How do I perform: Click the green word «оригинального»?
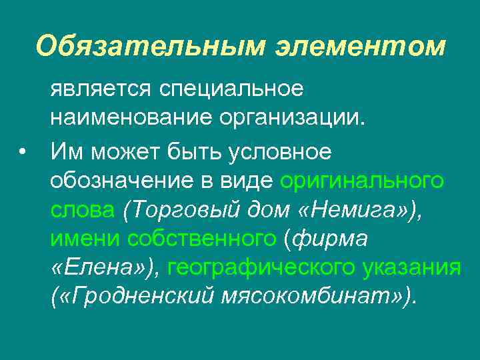coord(362,180)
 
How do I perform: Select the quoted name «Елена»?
coord(101,268)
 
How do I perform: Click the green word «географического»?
coord(263,268)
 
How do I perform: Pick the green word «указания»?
coord(413,268)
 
